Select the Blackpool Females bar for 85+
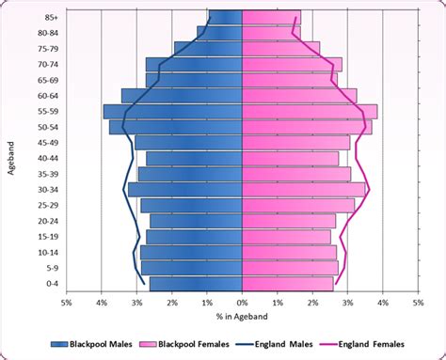point(271,16)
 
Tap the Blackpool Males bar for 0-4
point(196,283)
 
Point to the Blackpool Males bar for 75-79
point(208,48)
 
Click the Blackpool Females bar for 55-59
point(310,111)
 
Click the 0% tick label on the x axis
point(242,304)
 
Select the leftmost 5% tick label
point(66,304)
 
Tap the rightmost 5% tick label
point(418,304)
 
